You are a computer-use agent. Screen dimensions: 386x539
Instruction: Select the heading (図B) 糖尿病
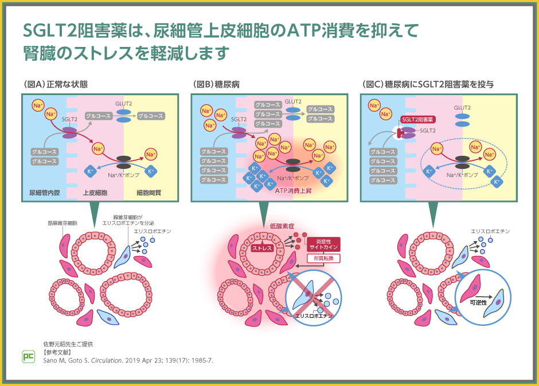217,84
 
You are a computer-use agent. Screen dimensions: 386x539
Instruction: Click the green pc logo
29,356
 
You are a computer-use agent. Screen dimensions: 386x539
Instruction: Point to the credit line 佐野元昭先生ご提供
68,344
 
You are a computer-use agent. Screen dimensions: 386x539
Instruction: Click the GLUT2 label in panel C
462,108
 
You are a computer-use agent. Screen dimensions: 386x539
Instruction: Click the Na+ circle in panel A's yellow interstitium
151,154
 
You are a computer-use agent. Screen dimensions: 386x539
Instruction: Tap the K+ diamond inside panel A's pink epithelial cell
90,171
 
